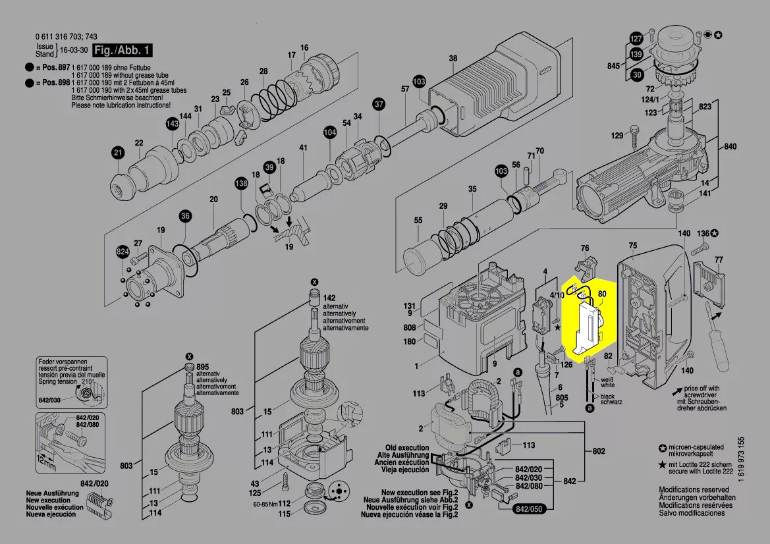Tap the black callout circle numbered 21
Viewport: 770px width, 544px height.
click(117, 153)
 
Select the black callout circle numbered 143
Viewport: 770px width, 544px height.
click(172, 124)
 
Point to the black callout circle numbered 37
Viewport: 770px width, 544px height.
click(379, 104)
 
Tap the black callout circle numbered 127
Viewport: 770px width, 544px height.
click(636, 38)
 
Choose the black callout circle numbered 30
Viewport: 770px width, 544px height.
click(636, 76)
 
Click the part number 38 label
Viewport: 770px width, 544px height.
click(453, 59)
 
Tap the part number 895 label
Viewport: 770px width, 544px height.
click(202, 367)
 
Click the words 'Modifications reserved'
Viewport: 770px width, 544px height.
click(694, 490)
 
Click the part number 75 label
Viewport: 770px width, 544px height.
click(633, 246)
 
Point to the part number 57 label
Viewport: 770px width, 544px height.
click(405, 88)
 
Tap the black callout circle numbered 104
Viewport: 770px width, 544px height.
click(329, 132)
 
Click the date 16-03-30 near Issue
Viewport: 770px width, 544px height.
click(74, 51)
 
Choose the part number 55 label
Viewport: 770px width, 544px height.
click(418, 220)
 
